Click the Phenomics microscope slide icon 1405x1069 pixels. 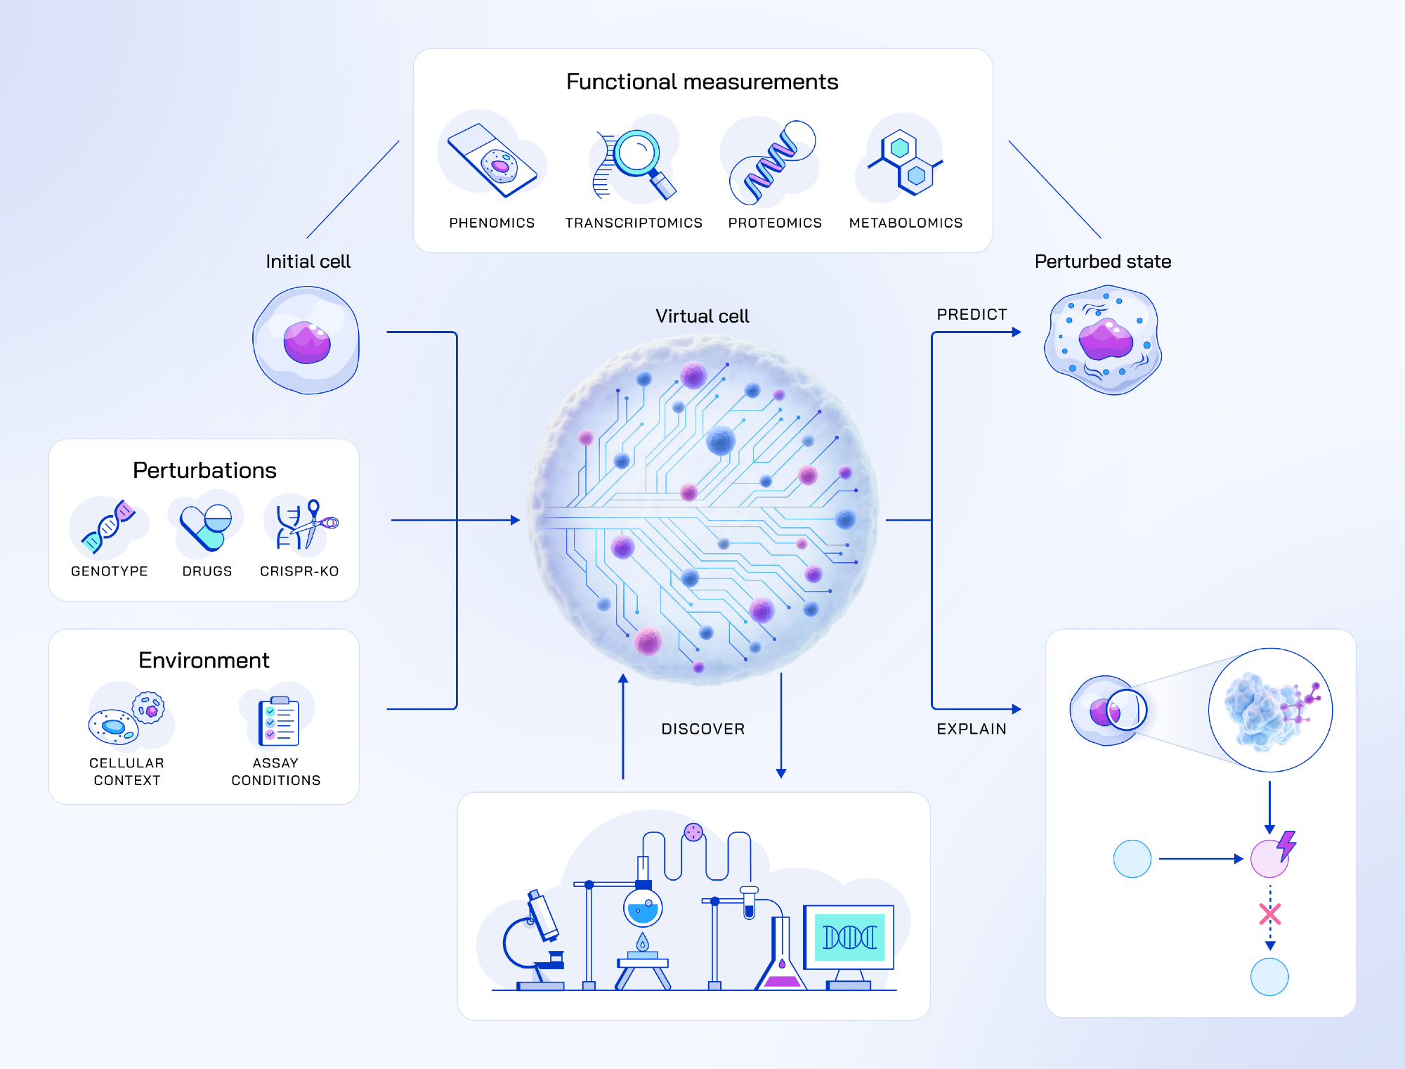coord(492,160)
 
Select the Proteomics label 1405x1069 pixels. coord(775,223)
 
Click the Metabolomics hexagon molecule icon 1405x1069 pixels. coord(906,162)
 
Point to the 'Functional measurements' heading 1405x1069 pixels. coord(702,82)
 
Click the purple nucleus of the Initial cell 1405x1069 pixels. coord(307,342)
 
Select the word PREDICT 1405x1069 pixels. coord(972,314)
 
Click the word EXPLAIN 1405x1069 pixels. coord(972,729)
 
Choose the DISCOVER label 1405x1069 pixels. coord(702,729)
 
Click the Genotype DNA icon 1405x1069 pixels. coord(108,526)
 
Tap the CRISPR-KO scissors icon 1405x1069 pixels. coord(308,524)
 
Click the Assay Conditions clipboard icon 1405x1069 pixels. coord(278,721)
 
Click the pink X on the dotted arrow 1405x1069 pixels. coord(1270,914)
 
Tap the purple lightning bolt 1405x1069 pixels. coord(1286,845)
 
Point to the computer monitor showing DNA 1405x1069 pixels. coord(849,938)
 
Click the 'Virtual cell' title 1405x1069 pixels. coord(702,316)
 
